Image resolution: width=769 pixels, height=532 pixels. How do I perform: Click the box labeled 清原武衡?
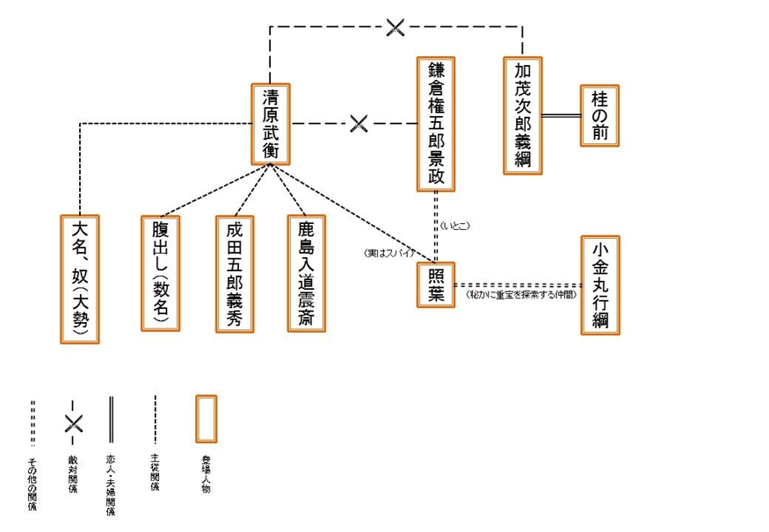pyautogui.click(x=271, y=124)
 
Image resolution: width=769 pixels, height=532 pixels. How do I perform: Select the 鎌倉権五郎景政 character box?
pyautogui.click(x=435, y=124)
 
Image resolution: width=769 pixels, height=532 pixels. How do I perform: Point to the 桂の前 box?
pyautogui.click(x=600, y=116)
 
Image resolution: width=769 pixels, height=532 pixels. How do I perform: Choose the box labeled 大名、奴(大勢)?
pyautogui.click(x=80, y=278)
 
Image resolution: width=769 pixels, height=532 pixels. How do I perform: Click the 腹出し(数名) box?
pyautogui.click(x=160, y=273)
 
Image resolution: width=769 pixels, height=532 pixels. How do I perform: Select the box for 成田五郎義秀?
pyautogui.click(x=235, y=273)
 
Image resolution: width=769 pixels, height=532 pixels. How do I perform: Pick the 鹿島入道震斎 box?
pyautogui.click(x=306, y=273)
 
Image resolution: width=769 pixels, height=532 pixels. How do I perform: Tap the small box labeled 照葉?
pyautogui.click(x=435, y=284)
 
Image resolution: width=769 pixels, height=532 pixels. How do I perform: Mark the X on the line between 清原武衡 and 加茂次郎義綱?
pyautogui.click(x=395, y=28)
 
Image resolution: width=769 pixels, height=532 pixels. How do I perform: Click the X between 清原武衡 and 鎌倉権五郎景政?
pyautogui.click(x=358, y=124)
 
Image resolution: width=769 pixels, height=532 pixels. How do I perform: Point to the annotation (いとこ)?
pyautogui.click(x=456, y=226)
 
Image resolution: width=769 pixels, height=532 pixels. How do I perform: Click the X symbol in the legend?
pyautogui.click(x=74, y=423)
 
